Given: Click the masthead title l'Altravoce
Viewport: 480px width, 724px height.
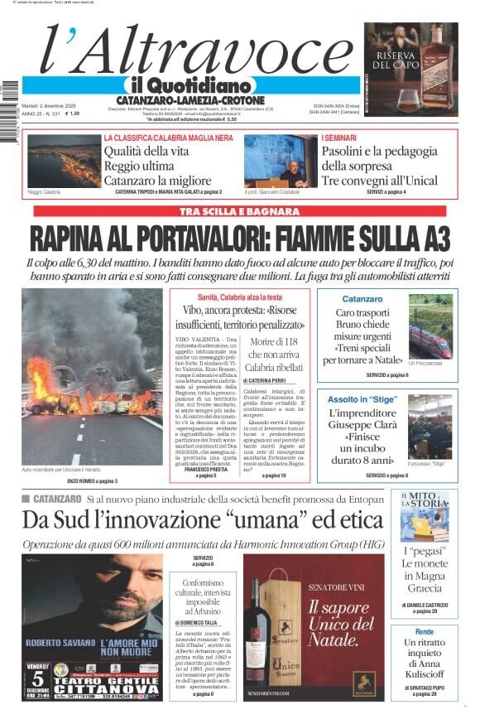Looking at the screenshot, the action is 190,50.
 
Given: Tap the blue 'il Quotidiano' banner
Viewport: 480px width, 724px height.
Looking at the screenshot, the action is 189,85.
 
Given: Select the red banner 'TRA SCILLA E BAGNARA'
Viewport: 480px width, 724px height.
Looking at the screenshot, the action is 240,212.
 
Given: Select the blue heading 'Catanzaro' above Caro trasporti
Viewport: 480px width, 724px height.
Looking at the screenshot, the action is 362,298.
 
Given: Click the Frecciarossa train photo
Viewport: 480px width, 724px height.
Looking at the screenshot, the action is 430,332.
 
